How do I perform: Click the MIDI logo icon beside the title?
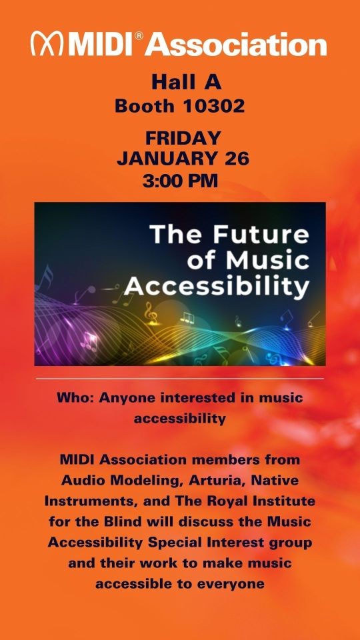47,43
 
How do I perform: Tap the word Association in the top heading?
236,44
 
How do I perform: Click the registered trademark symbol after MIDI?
139,36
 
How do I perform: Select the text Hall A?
186,82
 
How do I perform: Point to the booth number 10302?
213,106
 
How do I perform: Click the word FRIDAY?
183,138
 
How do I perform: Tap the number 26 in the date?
236,159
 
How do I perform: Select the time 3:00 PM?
180,181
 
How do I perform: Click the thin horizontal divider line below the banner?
180,379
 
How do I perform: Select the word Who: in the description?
75,397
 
